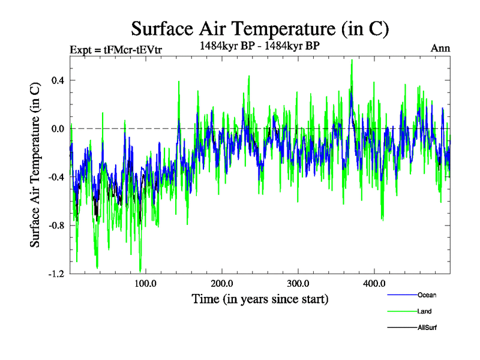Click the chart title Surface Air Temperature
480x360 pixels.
(260, 28)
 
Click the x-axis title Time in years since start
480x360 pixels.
(260, 298)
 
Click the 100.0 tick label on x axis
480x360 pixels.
(146, 284)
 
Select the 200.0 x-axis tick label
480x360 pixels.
(222, 284)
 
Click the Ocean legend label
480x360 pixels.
(427, 295)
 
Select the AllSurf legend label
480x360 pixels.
(427, 328)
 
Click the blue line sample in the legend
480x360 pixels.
(401, 295)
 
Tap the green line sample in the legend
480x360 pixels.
(401, 311)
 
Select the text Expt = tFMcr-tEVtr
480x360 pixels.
(115, 49)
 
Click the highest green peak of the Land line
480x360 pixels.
(352, 60)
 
